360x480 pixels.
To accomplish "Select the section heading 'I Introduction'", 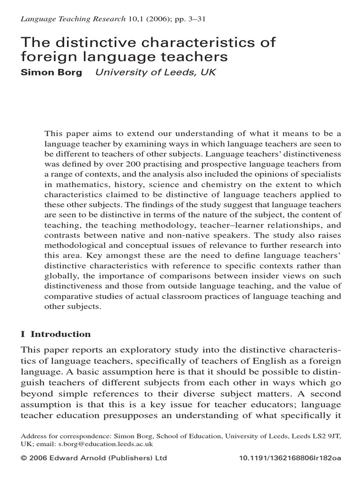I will [56, 334].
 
